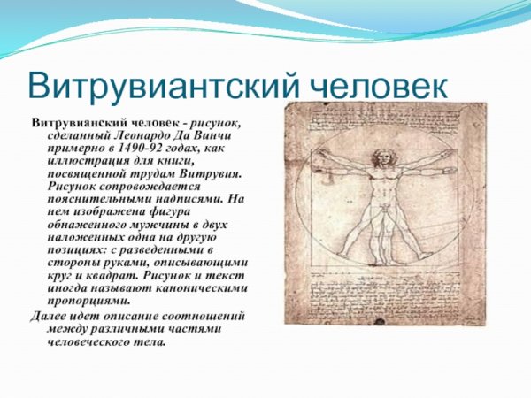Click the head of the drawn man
(x=383, y=158)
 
